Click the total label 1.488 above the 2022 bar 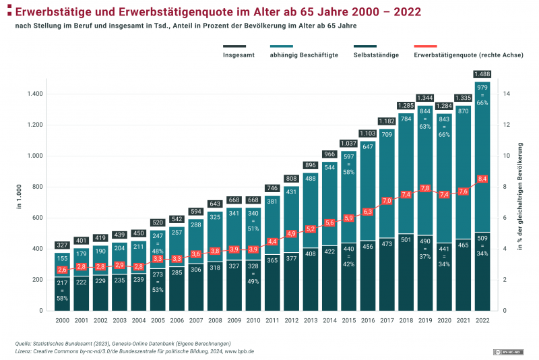(482, 74)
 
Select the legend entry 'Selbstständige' (375, 55)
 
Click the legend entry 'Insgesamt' (239, 55)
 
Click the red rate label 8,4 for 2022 (482, 179)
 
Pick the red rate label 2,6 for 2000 (61, 270)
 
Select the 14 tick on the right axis (507, 94)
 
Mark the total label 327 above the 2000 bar (61, 245)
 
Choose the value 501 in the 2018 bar (406, 239)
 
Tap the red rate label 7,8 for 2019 (424, 188)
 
